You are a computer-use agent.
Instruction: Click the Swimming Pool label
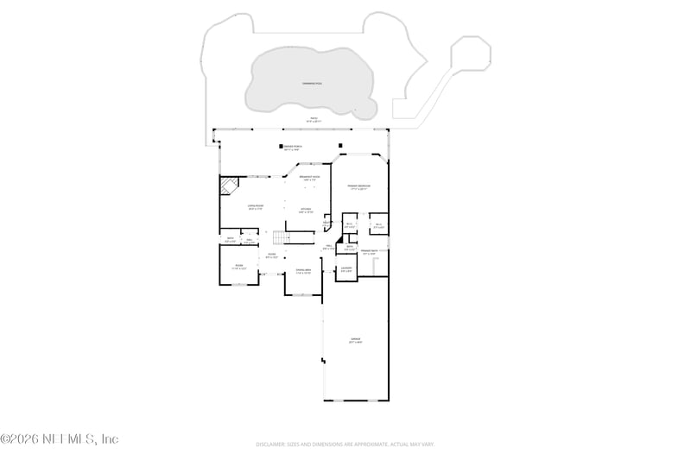point(312,83)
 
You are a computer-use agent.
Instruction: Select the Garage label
point(355,341)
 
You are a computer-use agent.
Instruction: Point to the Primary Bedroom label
point(358,187)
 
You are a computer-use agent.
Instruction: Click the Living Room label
point(257,207)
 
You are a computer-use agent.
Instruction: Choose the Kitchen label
point(306,210)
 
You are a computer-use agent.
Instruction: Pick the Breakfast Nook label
point(310,179)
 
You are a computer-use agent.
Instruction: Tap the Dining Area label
point(303,272)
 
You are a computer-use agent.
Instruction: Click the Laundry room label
point(345,269)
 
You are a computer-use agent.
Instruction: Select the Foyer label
point(271,255)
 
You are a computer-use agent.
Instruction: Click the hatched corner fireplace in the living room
point(230,186)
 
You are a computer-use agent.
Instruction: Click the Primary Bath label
point(370,252)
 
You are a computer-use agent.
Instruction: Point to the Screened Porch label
point(293,148)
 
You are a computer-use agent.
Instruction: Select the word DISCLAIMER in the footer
point(269,444)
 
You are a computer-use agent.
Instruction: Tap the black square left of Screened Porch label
point(281,146)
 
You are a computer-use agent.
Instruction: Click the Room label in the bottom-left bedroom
point(239,268)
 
